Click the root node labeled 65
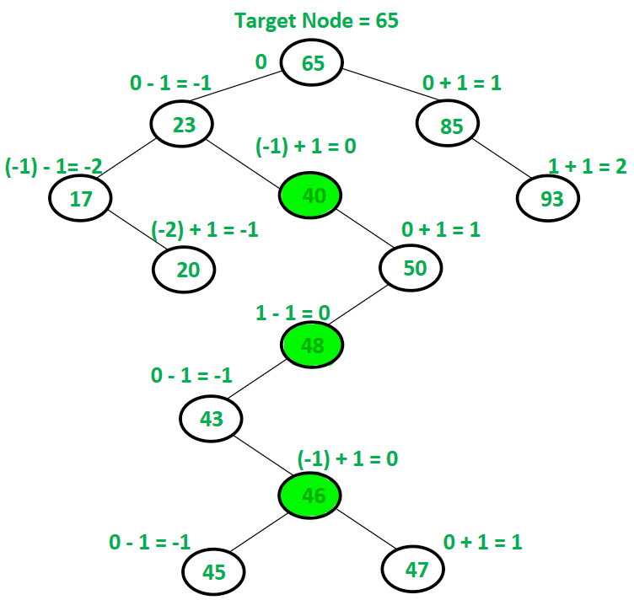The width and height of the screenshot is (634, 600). tap(313, 64)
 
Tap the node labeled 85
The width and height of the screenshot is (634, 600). tap(451, 126)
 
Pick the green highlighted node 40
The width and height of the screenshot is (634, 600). tap(313, 196)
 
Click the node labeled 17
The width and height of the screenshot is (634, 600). tap(79, 199)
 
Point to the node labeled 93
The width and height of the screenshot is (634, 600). tap(547, 199)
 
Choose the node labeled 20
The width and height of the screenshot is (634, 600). tap(184, 269)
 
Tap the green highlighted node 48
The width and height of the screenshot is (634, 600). tap(313, 345)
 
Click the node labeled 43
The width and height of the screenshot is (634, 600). tap(212, 418)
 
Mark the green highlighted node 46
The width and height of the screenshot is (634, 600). tap(313, 495)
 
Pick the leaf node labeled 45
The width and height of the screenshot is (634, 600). tap(214, 571)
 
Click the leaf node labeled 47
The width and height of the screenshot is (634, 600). tap(413, 570)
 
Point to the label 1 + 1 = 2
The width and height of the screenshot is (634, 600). tap(587, 166)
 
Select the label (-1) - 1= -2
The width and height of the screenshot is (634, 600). tap(54, 166)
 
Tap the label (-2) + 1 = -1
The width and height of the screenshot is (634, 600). tap(205, 229)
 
